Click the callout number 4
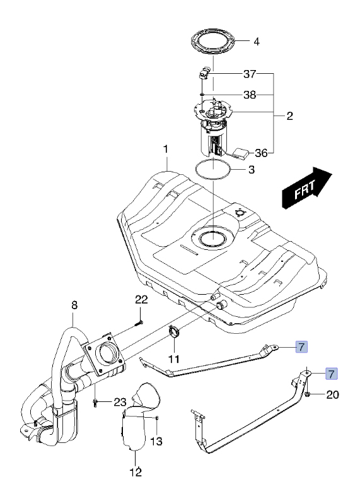pyautogui.click(x=257, y=42)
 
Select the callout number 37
pyautogui.click(x=250, y=74)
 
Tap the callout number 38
pyautogui.click(x=250, y=95)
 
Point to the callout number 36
pyautogui.click(x=262, y=153)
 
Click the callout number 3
pyautogui.click(x=252, y=170)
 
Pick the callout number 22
pyautogui.click(x=141, y=299)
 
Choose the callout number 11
pyautogui.click(x=174, y=359)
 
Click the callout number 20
pyautogui.click(x=332, y=394)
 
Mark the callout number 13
pyautogui.click(x=156, y=441)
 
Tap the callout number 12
pyautogui.click(x=136, y=472)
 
